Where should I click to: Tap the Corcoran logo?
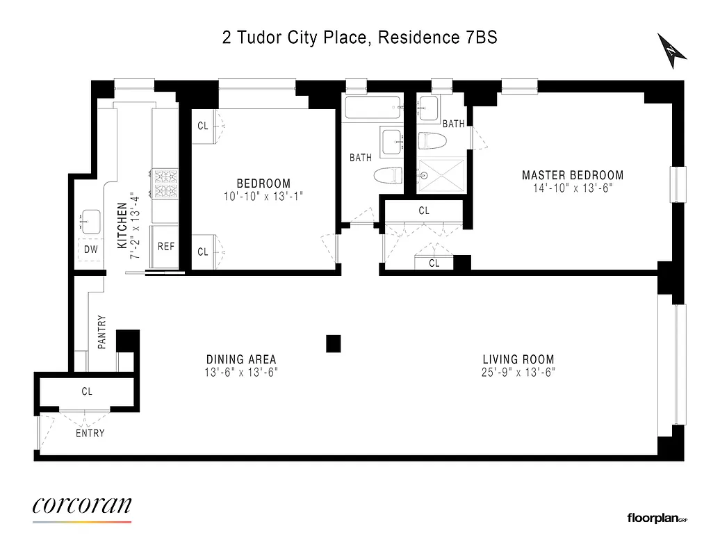(82, 506)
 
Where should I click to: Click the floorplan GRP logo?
(656, 517)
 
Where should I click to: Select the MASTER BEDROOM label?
(573, 175)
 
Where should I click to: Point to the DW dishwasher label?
(90, 249)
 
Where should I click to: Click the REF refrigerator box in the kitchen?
(166, 246)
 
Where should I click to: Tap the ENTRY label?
(90, 433)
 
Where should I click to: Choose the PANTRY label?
(102, 332)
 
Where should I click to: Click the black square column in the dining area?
(334, 343)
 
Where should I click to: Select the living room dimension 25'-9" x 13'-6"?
(518, 372)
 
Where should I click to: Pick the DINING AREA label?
(241, 359)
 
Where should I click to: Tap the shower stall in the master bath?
(442, 176)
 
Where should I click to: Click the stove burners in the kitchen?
(167, 183)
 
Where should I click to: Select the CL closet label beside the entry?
(87, 391)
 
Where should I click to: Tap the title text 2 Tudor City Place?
(295, 38)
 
